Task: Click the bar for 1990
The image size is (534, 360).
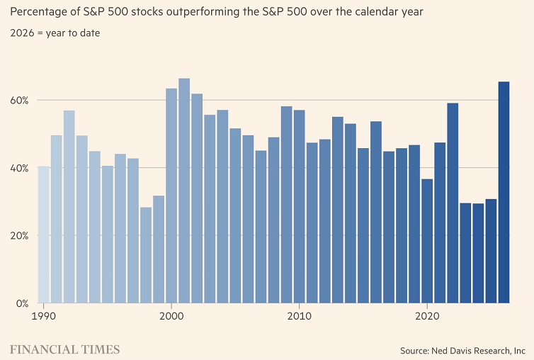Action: pos(43,235)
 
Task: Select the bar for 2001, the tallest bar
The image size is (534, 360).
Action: pos(184,191)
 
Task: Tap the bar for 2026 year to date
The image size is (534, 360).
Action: pos(504,192)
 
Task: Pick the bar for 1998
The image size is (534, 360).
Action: pos(146,255)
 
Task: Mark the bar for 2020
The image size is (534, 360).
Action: pos(427,241)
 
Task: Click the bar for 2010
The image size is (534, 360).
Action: pos(299,206)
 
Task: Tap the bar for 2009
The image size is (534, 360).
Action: pos(286,205)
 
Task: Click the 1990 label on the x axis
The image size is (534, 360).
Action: pos(43,315)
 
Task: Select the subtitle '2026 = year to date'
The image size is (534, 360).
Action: pos(55,33)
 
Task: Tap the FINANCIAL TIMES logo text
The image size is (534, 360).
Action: pos(64,349)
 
